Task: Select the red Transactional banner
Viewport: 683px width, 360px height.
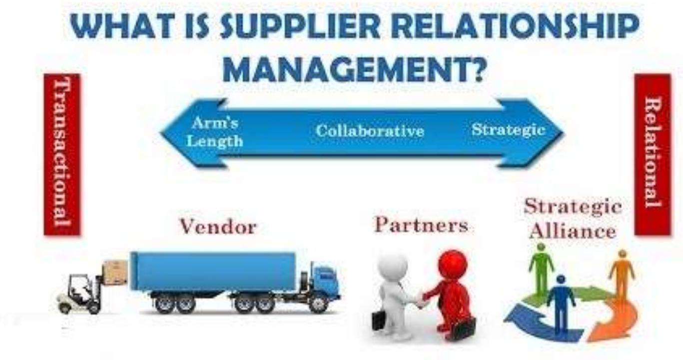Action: click(62, 154)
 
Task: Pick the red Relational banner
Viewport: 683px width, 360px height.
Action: click(652, 154)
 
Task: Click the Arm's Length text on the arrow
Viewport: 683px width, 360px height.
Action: click(215, 132)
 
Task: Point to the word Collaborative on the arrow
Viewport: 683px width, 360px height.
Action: click(370, 131)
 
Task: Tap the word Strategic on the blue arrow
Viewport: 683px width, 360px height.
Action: click(508, 130)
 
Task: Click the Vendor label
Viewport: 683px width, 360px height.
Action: click(218, 227)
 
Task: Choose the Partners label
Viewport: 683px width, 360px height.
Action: click(421, 225)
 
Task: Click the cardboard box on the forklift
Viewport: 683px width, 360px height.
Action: click(115, 273)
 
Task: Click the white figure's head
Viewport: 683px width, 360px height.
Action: click(393, 265)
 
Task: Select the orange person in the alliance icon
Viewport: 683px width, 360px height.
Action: click(621, 272)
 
